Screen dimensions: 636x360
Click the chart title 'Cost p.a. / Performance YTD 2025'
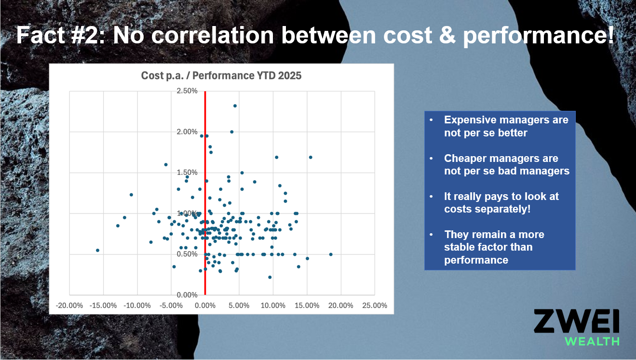coord(221,76)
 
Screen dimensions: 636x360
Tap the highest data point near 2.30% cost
coord(235,106)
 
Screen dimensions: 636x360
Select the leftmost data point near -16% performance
coord(98,250)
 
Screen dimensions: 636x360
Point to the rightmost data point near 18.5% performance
coord(331,254)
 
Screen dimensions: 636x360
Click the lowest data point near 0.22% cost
coord(270,277)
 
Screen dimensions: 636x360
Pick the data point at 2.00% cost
coord(231,132)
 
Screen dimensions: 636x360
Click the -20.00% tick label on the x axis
coord(69,306)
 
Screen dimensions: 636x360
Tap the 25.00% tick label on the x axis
coord(375,306)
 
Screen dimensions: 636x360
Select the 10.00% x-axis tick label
coord(273,306)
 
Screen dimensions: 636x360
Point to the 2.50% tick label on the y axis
coord(187,91)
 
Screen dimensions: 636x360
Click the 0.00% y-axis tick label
coord(187,295)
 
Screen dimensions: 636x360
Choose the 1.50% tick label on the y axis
coord(187,173)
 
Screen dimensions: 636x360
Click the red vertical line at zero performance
coord(205,193)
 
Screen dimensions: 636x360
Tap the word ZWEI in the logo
coord(576,321)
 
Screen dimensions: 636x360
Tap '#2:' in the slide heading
coord(88,35)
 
